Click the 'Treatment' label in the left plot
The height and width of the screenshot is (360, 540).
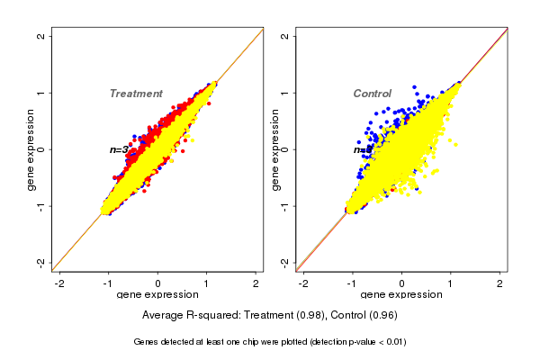(x=136, y=94)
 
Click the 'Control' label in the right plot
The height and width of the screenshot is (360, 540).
(x=372, y=94)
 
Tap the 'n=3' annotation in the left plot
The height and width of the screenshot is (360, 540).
(x=119, y=149)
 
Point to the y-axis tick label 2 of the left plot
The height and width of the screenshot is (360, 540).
(x=41, y=36)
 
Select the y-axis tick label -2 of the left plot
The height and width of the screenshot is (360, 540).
(x=41, y=262)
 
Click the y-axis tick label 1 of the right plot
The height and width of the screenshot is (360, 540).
(x=285, y=93)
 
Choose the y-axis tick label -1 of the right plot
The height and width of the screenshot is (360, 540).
(x=285, y=205)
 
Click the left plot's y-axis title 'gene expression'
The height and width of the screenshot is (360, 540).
(x=31, y=149)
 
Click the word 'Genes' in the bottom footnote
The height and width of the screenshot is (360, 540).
(x=148, y=342)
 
